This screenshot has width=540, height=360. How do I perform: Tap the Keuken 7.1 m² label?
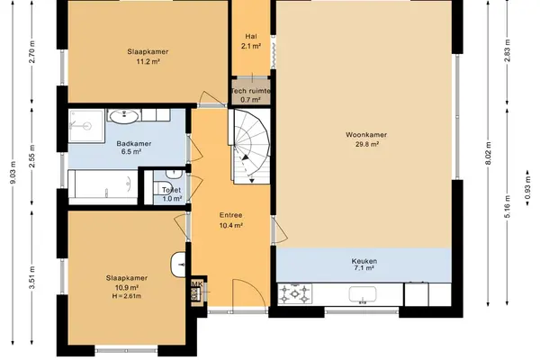[364, 265]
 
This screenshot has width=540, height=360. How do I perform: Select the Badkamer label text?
[133, 144]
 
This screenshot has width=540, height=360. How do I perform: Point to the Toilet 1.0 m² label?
[172, 194]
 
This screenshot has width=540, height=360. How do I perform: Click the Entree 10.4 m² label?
[230, 220]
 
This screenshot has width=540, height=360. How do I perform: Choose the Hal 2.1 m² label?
[251, 41]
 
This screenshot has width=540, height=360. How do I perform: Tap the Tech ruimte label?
[251, 91]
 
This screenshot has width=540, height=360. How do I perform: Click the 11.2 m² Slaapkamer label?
[148, 57]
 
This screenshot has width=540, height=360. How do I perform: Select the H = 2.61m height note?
[126, 296]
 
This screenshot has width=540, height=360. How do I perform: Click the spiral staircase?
[251, 146]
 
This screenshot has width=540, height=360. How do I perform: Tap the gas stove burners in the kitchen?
[295, 294]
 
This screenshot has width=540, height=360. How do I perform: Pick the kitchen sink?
[363, 295]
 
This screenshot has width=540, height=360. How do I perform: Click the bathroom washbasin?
[123, 116]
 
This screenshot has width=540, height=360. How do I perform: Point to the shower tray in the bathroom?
[86, 126]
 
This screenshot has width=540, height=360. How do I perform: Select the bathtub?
[103, 187]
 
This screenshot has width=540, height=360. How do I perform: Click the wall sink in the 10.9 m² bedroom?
[177, 265]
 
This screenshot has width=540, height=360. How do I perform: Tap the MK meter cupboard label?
[197, 284]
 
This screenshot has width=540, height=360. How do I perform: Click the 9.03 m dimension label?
[13, 172]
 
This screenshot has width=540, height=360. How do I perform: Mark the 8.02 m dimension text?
[488, 153]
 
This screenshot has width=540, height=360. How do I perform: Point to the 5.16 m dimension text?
[507, 206]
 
